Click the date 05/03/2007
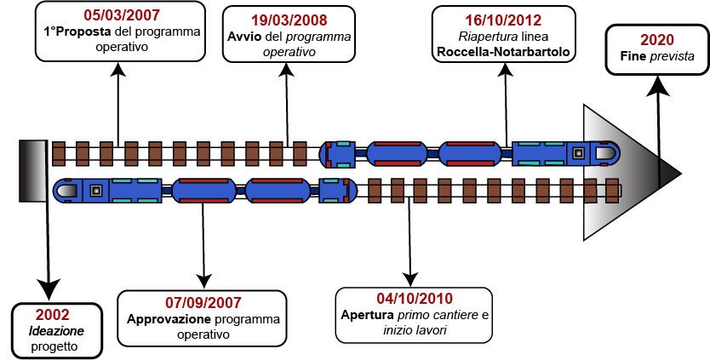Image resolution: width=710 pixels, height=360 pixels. point(122,15)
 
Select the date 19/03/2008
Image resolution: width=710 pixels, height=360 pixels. point(289,20)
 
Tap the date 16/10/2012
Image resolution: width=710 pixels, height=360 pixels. point(503,20)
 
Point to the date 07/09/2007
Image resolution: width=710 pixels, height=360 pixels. point(203,302)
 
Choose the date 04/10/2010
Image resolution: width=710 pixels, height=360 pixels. point(415,299)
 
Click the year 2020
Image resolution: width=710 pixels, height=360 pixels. point(657,40)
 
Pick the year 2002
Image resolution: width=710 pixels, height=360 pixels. point(53,314)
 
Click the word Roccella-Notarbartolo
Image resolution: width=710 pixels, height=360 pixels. point(502,53)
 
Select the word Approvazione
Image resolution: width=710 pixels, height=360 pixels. point(169,320)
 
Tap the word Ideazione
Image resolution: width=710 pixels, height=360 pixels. point(56,331)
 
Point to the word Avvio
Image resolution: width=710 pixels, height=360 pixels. point(244,37)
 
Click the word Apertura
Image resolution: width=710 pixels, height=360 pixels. point(367,315)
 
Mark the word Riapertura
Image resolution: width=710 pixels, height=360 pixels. point(481,37)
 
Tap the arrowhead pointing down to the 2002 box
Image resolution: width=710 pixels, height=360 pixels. point(48,290)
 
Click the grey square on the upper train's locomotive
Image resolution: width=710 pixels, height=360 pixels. point(578,153)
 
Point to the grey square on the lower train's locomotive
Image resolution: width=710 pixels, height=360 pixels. point(95,191)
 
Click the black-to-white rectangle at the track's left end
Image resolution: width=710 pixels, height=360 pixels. point(33,171)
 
